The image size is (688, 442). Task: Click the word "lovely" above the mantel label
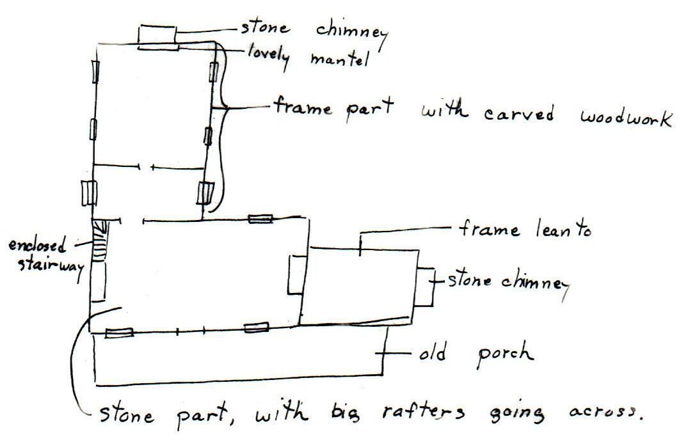268,56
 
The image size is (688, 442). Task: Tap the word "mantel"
340,59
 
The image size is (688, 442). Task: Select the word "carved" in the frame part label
518,114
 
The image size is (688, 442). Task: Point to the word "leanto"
563,229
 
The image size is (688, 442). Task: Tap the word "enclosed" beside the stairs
37,245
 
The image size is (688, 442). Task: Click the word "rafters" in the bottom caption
423,411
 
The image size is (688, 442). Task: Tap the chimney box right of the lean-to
425,287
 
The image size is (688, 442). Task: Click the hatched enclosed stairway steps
100,241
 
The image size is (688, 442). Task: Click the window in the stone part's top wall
260,218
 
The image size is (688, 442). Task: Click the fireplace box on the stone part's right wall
296,274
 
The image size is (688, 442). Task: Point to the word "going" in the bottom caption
517,414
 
